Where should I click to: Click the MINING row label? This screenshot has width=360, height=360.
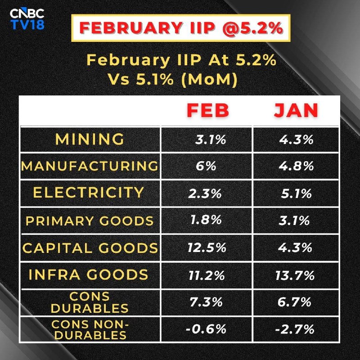point(90,139)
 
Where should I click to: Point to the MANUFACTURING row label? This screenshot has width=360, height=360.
point(90,166)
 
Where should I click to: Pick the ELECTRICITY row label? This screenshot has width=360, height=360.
point(90,193)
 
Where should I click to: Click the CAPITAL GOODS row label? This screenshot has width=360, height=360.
point(90,247)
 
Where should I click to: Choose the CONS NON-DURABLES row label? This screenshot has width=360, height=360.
point(90,329)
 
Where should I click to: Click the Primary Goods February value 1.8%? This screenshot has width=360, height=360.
point(205,220)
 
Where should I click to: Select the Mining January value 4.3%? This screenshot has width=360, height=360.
point(296,139)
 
